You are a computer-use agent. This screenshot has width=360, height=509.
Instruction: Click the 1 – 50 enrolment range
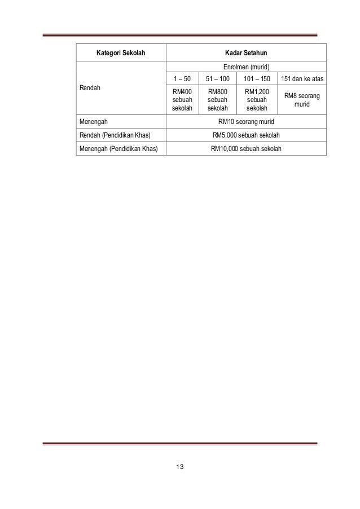click(182, 79)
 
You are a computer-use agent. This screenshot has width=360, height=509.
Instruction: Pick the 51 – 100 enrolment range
click(217, 79)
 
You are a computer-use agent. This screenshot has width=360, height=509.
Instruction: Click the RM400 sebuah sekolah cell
click(182, 100)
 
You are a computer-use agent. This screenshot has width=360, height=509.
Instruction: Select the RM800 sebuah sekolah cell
click(217, 100)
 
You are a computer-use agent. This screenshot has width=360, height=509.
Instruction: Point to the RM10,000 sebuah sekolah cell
click(245, 148)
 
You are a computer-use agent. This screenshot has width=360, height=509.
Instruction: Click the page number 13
click(180, 467)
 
